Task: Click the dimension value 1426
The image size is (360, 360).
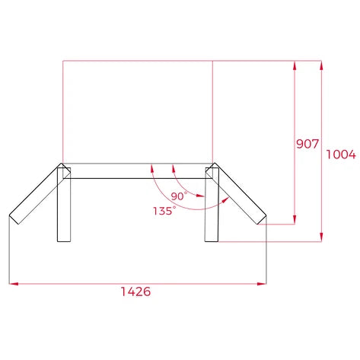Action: pos(135,292)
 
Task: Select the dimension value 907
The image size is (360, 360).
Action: pos(307,144)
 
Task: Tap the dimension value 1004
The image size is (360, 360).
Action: pos(340,155)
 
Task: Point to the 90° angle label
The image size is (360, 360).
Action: pos(179,196)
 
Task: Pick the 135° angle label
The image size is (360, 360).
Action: pos(164,210)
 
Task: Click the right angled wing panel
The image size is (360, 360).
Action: pos(239,194)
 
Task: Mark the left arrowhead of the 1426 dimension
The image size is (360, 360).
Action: pos(12,284)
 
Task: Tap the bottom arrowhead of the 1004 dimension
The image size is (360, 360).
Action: pos(323,238)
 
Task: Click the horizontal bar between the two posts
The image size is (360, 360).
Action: pos(138,171)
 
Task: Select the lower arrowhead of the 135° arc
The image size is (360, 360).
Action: pos(226,199)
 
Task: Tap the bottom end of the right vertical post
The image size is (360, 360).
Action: pos(212,241)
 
